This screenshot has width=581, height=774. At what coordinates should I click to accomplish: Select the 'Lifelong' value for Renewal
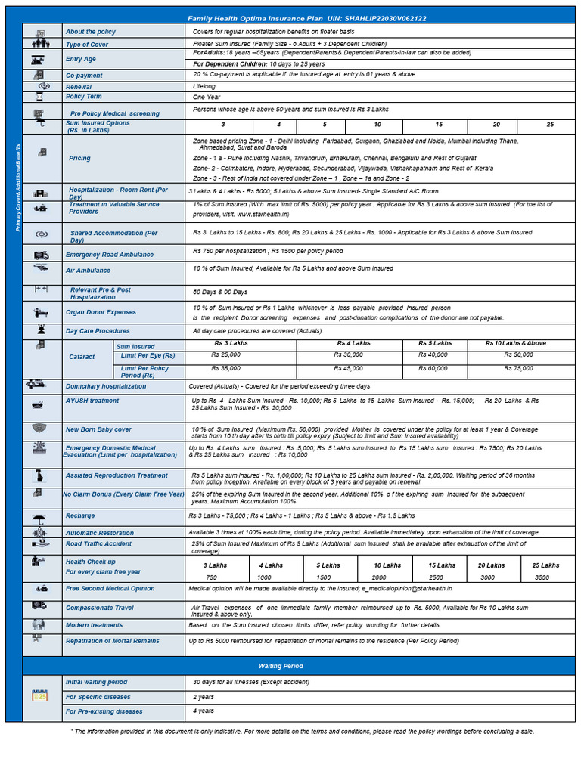coord(204,86)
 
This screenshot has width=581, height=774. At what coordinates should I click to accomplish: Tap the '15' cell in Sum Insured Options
coord(438,124)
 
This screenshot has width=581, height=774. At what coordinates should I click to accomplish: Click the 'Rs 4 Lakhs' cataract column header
coord(353,343)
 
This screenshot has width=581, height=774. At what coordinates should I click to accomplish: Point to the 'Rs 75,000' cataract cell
coord(518,368)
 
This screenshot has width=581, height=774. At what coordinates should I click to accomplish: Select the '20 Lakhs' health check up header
coord(491,565)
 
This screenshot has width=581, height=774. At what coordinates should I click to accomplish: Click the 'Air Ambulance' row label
coord(88,271)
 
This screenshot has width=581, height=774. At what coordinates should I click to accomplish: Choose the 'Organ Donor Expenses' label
coord(101,311)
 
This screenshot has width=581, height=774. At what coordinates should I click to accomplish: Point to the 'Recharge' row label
coord(80,515)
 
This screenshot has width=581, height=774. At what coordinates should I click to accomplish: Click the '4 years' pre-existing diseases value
coord(204,711)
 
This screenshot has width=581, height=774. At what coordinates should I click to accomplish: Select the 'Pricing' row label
coord(79,158)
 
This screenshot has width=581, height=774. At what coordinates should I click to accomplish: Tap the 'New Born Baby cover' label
coord(98,429)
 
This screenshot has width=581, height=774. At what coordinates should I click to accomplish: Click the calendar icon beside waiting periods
coord(39,696)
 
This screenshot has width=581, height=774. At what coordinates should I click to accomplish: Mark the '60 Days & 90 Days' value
coord(220,292)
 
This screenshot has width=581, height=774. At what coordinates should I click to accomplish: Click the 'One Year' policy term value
coord(207,98)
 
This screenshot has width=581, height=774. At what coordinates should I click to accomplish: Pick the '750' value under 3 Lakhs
coord(211,577)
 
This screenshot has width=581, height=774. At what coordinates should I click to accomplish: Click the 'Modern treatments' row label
coord(94,625)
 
